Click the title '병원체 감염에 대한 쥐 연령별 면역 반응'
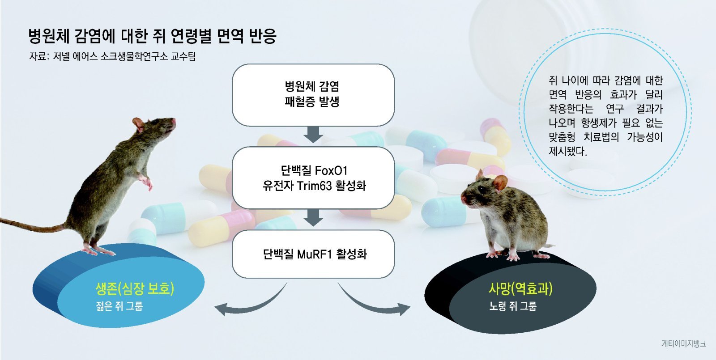[x=152, y=36]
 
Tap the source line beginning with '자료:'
[x=112, y=56]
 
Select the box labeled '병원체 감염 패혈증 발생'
[x=313, y=95]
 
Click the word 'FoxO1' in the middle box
[x=331, y=171]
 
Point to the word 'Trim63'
[x=315, y=186]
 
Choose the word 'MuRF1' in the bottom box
[x=315, y=254]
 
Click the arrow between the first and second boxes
[x=313, y=135]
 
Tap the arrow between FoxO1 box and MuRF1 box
[x=313, y=217]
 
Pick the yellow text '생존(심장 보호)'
[x=135, y=289]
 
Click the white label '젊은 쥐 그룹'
[x=119, y=306]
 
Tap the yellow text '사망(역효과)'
[x=520, y=289]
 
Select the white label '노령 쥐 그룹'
[x=513, y=306]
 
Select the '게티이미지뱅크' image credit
[x=684, y=344]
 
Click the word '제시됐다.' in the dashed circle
[x=568, y=151]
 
